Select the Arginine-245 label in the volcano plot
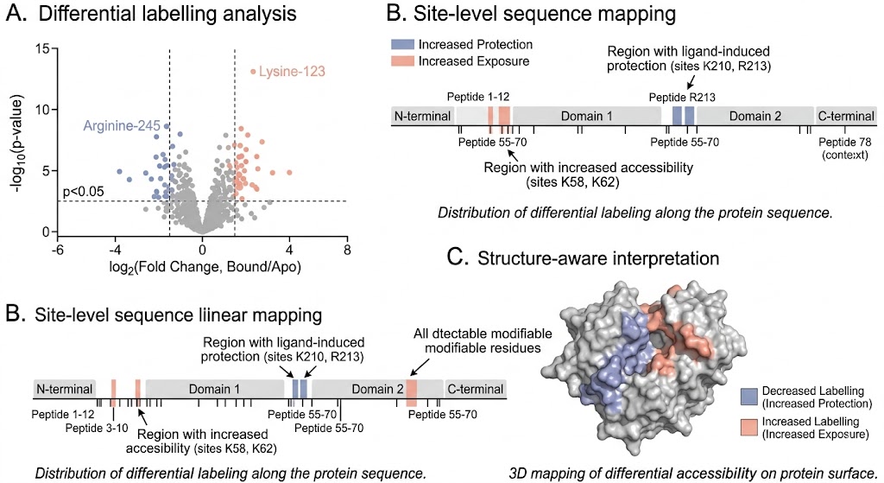[x=121, y=126]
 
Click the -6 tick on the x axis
[x=56, y=250]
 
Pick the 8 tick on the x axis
[x=347, y=250]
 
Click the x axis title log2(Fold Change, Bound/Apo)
[x=202, y=268]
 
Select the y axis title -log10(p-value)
[x=19, y=140]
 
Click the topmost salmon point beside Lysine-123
[x=253, y=72]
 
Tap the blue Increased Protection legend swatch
[x=402, y=44]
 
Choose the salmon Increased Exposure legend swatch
[x=402, y=61]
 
